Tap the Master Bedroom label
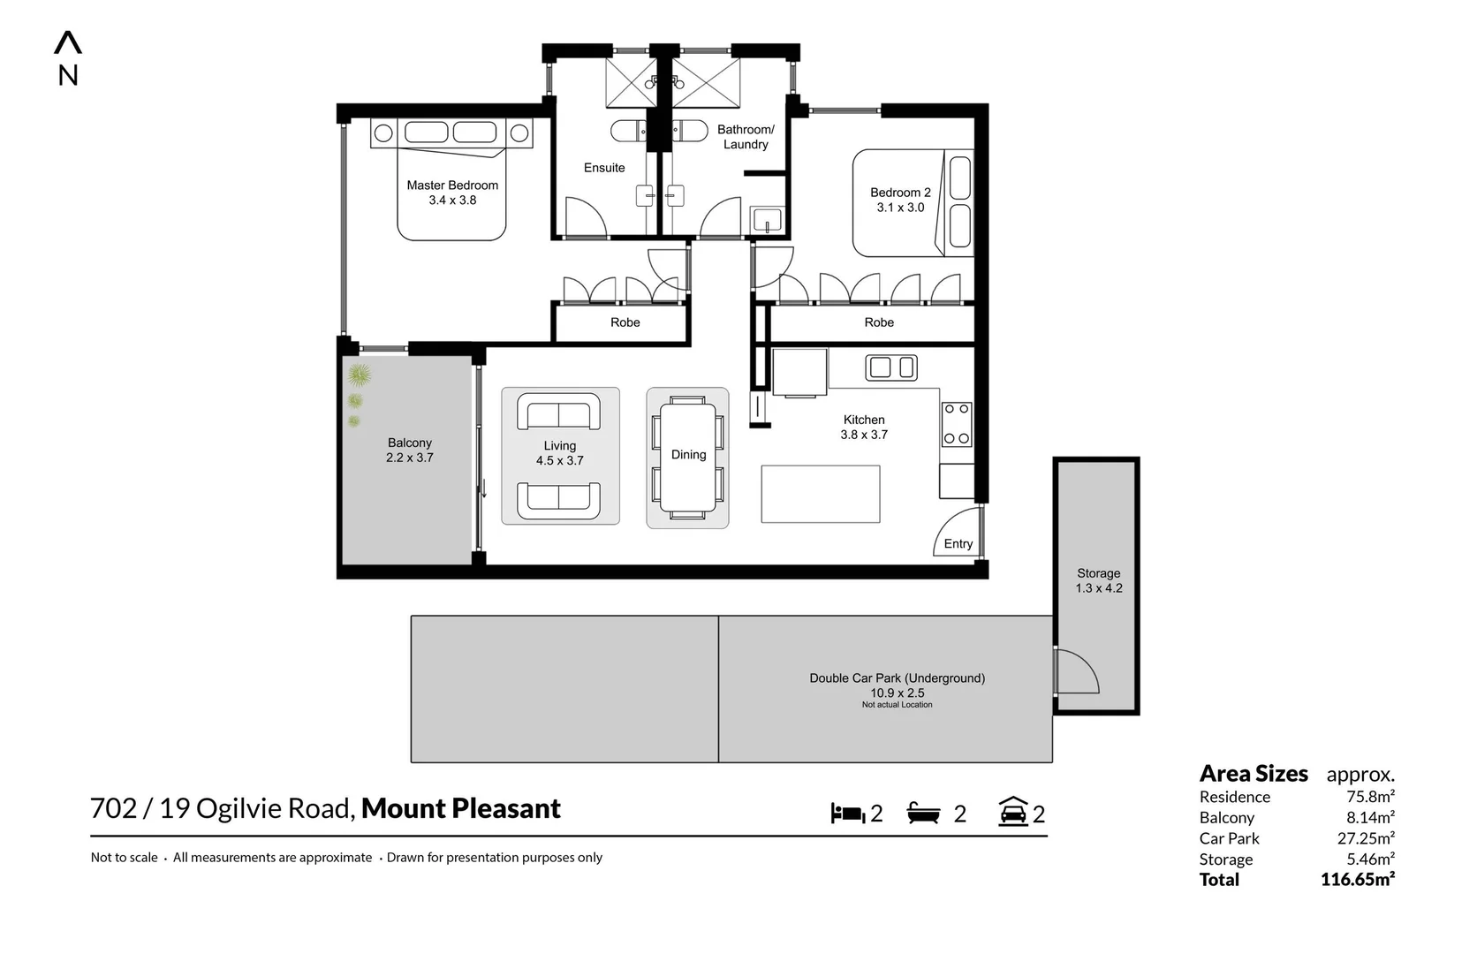pos(452,185)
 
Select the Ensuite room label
pos(604,168)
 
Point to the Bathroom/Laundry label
pos(746,137)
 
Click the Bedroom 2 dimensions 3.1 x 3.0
pos(901,207)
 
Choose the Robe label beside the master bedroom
pos(625,322)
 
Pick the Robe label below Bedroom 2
pos(879,322)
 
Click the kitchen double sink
pos(890,367)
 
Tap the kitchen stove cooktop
pos(956,424)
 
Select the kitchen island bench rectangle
pos(821,494)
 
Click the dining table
pos(688,458)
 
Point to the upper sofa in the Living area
pos(558,412)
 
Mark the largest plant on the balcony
pos(359,375)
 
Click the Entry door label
pos(958,543)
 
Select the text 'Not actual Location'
pos(897,705)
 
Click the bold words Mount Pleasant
pos(461,809)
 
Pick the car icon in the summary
pos(1013,812)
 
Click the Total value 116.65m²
pos(1358,880)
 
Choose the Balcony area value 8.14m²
pos(1370,818)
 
